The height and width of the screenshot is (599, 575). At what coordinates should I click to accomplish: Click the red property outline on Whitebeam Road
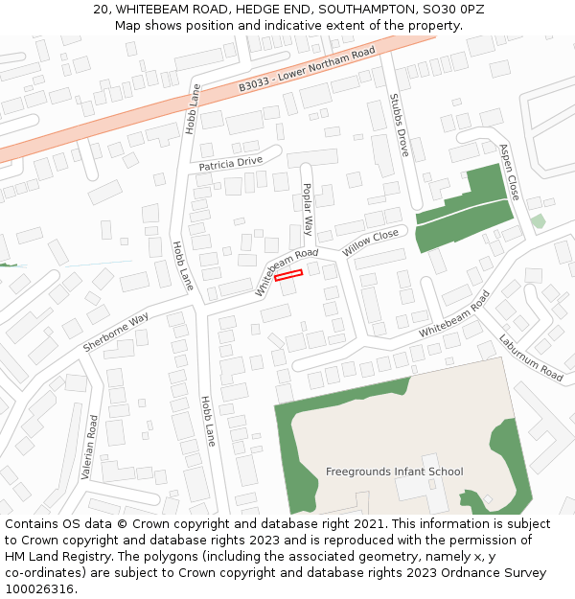[288, 275]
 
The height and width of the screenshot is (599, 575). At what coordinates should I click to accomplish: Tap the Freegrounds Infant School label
[394, 472]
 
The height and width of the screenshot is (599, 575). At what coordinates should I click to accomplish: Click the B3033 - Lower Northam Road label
[307, 71]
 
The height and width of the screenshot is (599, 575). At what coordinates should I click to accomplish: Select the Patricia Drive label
[230, 164]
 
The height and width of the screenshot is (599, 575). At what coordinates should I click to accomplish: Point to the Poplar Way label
[308, 209]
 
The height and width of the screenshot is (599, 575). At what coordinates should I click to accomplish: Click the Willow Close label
[370, 242]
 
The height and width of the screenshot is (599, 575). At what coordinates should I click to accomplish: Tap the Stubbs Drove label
[400, 126]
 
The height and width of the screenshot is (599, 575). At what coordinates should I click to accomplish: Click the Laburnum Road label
[530, 357]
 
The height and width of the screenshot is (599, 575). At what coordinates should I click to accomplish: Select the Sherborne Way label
[115, 331]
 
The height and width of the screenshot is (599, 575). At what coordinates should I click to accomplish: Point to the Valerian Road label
[89, 447]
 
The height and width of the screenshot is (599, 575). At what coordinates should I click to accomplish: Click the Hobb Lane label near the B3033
[194, 109]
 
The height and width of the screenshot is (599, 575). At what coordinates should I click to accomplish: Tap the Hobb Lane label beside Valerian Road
[208, 421]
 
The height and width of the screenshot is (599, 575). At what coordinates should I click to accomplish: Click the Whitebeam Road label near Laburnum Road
[453, 313]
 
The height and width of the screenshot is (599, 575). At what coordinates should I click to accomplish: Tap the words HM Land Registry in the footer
[46, 557]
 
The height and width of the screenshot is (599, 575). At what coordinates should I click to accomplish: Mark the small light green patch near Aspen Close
[538, 221]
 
